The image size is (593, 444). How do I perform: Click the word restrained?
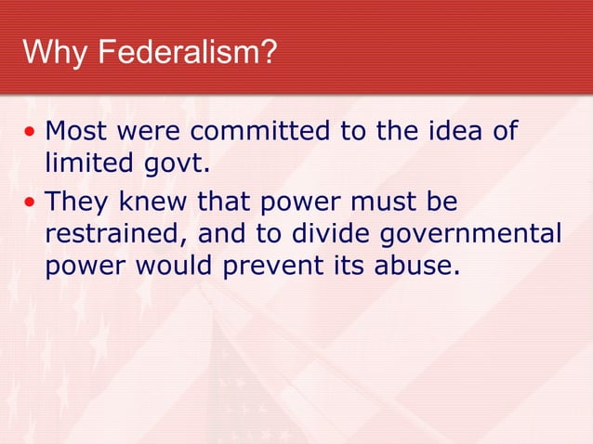(118, 234)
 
